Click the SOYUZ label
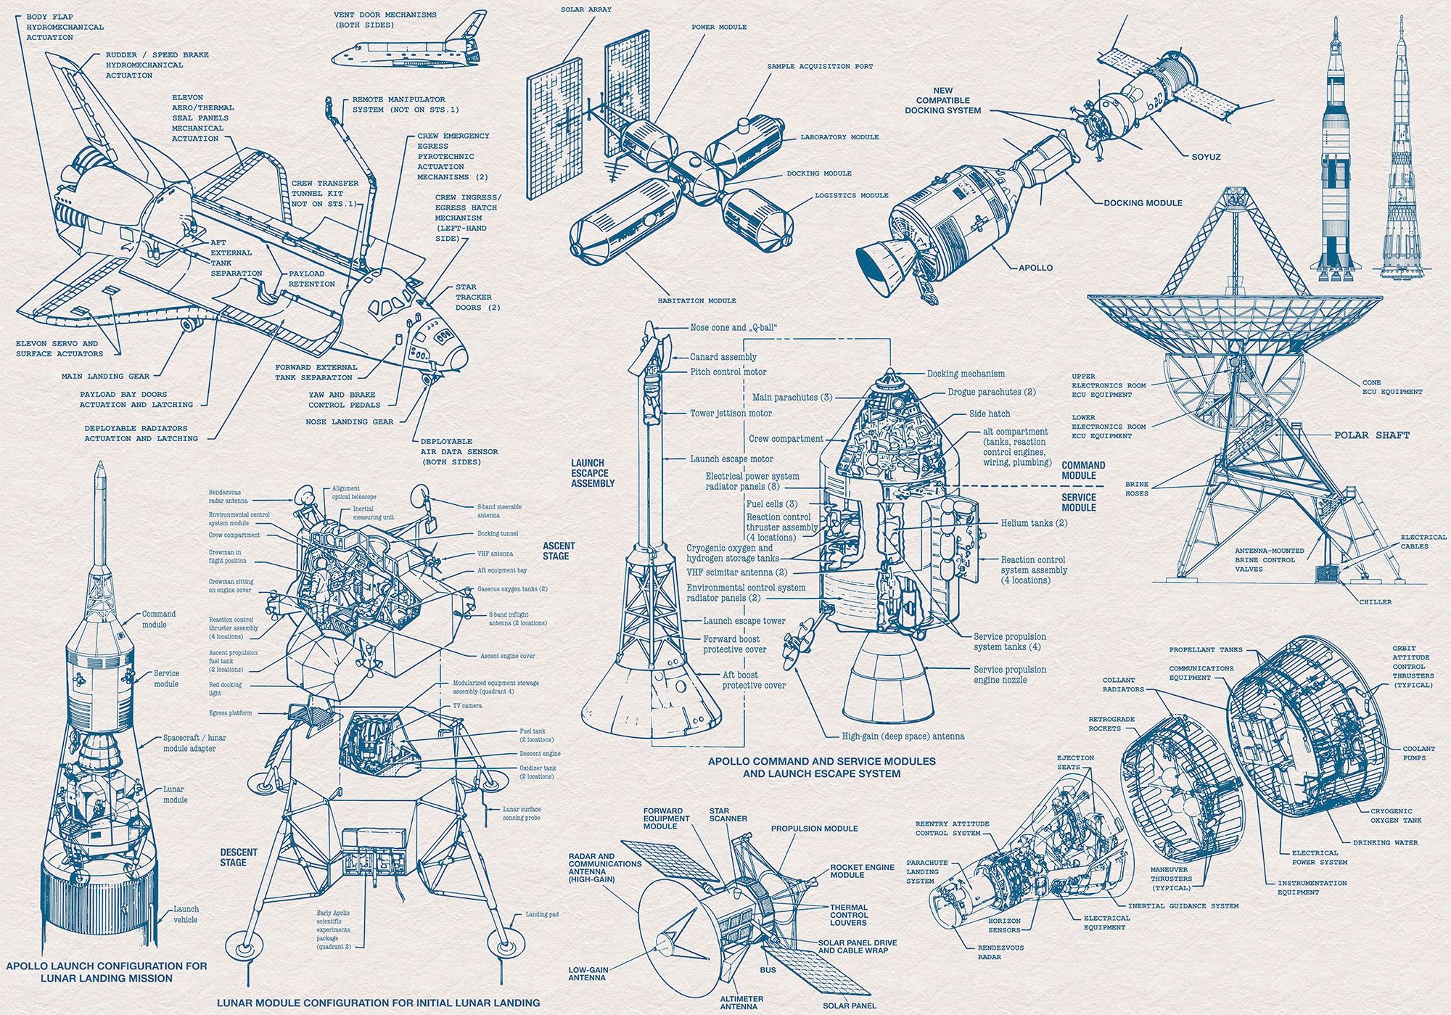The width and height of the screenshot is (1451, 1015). tap(1206, 157)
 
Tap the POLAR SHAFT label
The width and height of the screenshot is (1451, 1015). tap(1371, 435)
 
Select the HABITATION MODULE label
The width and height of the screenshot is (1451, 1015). tap(696, 300)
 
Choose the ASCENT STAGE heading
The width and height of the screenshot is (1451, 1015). tap(559, 551)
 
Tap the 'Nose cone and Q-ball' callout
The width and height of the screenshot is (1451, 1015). tap(733, 327)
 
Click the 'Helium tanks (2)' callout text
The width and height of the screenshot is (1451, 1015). tap(1034, 523)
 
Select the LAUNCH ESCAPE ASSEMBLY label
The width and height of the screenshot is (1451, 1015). tap(593, 473)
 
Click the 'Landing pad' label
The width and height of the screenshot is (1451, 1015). tap(542, 914)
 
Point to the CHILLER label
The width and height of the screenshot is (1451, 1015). tap(1376, 601)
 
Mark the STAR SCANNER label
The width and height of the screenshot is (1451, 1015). tap(728, 814)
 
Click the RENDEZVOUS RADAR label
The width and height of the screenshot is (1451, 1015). tap(1000, 952)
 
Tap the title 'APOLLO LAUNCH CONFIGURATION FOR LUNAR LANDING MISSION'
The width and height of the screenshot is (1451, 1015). tap(106, 971)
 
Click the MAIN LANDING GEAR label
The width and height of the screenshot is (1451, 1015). tap(105, 377)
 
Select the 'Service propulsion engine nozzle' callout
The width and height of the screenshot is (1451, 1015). tap(1009, 675)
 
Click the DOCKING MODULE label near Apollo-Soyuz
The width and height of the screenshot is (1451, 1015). tap(1143, 203)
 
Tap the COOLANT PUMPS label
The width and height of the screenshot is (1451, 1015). tap(1418, 753)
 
